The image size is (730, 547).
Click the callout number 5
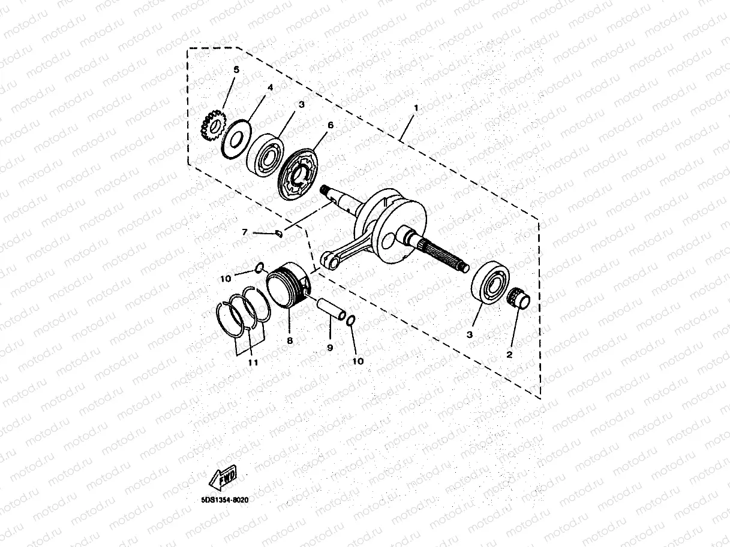(x=236, y=70)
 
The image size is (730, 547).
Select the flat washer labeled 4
(x=235, y=138)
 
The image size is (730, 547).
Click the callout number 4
(x=270, y=87)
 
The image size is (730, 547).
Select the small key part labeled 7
(x=278, y=232)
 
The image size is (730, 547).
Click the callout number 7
(x=245, y=231)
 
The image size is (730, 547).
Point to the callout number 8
(x=290, y=340)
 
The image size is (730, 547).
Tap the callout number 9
(x=330, y=347)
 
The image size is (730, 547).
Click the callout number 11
(x=253, y=362)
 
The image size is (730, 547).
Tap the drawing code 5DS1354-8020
(x=225, y=498)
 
